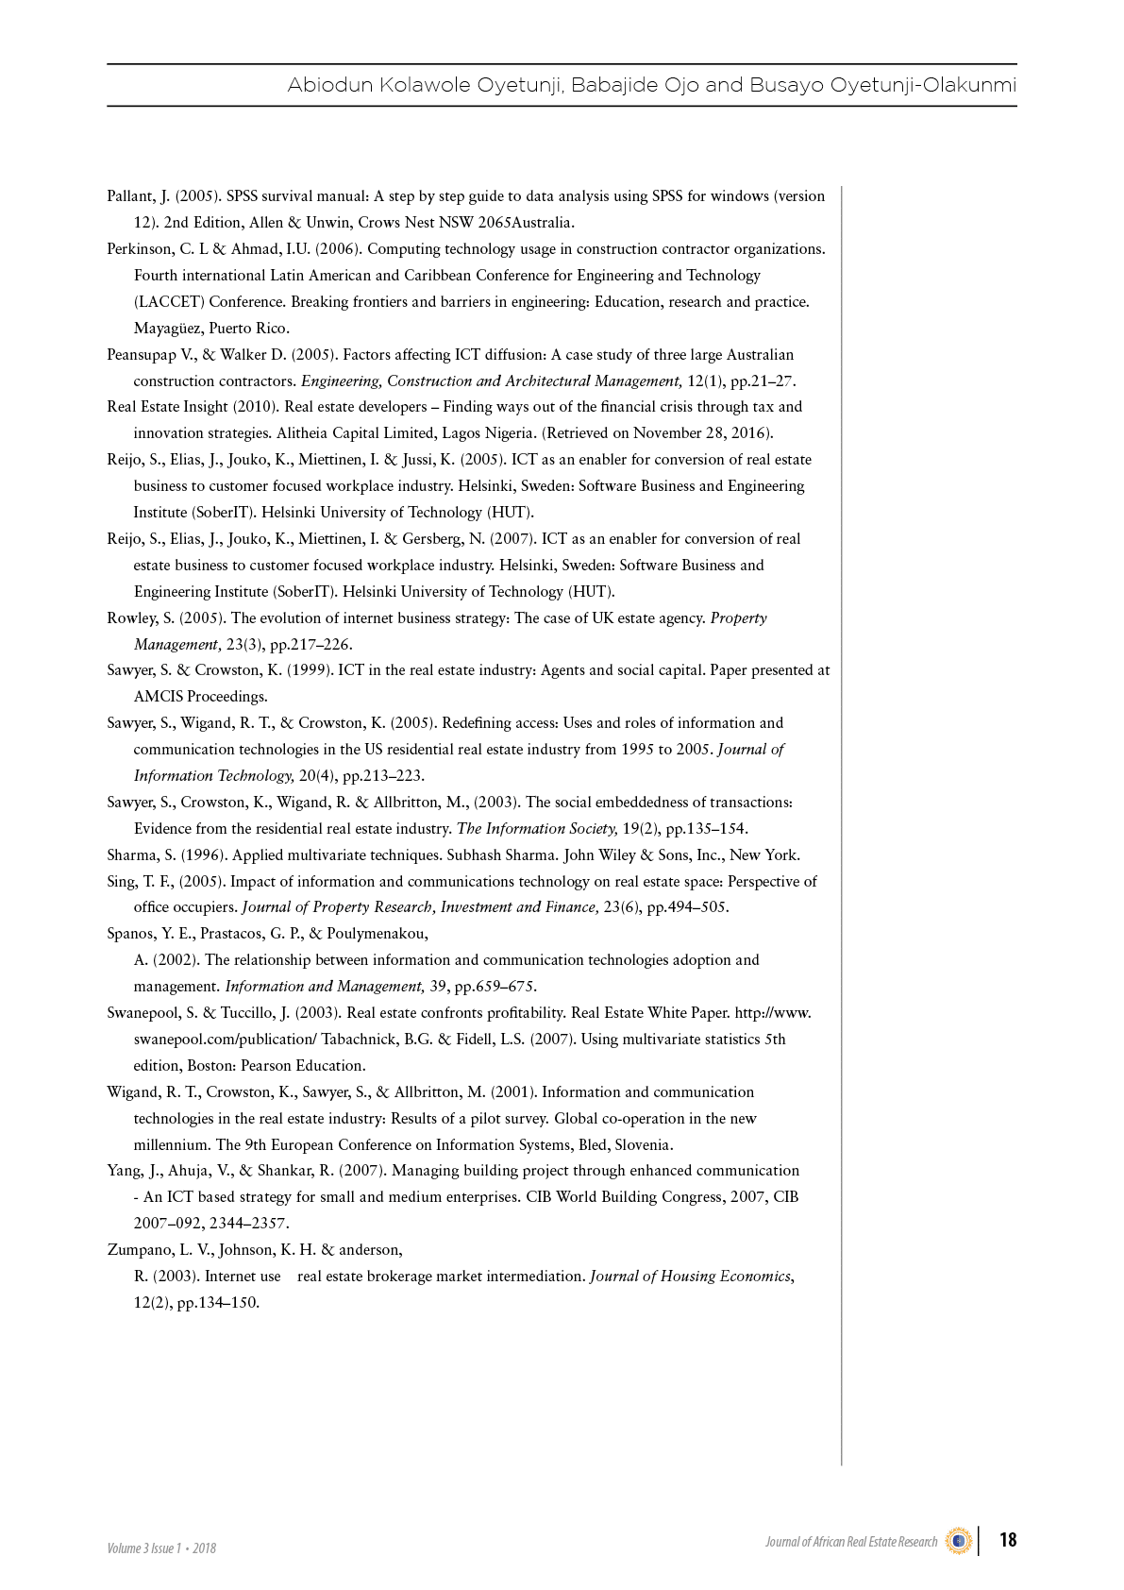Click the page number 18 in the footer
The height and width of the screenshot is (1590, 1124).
pos(1008,1540)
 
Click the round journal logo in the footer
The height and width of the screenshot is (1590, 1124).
pos(959,1541)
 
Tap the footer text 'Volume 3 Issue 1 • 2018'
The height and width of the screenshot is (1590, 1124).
pos(161,1548)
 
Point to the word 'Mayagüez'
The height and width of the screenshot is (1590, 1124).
pos(167,329)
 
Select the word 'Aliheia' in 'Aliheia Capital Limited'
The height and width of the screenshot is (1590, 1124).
pos(302,433)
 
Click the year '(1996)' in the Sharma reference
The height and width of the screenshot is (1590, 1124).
pos(202,855)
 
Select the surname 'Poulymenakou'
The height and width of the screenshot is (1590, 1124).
pos(377,934)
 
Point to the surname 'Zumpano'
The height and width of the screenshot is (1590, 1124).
pos(141,1250)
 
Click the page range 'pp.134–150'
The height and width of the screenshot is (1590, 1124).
pos(217,1303)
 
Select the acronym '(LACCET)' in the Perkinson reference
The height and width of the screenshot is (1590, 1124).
pos(168,302)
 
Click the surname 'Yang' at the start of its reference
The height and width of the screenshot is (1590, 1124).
pos(124,1171)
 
